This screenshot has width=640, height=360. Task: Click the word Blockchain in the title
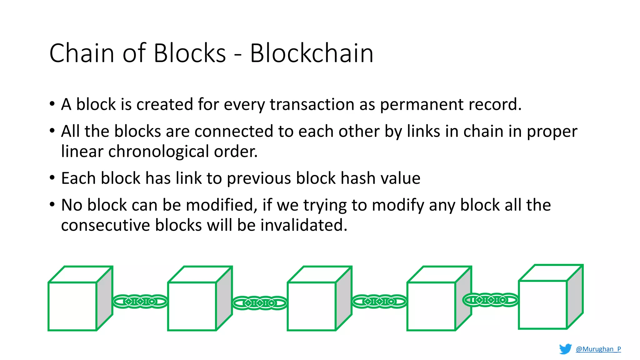point(312,53)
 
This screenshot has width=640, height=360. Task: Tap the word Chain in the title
point(82,53)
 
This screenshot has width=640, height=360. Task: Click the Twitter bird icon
point(565,349)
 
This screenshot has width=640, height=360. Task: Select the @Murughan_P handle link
point(598,349)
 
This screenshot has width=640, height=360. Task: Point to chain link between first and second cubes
point(140,302)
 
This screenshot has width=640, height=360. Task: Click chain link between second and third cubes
point(260,303)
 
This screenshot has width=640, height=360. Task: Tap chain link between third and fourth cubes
point(379,302)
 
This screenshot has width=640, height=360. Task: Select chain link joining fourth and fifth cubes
point(490,300)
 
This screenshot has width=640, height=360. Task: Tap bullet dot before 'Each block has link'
point(52,178)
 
